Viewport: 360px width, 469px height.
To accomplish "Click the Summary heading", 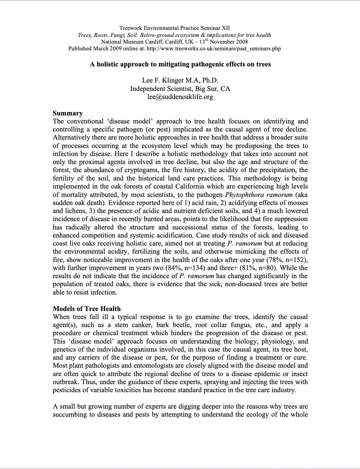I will tap(68, 113).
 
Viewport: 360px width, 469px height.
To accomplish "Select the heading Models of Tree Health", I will tap(86, 309).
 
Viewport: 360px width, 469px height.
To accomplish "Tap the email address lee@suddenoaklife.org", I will tap(180, 97).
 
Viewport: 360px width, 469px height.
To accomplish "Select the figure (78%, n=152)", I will tap(287, 260).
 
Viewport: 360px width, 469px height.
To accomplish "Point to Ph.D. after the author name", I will tap(209, 81).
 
